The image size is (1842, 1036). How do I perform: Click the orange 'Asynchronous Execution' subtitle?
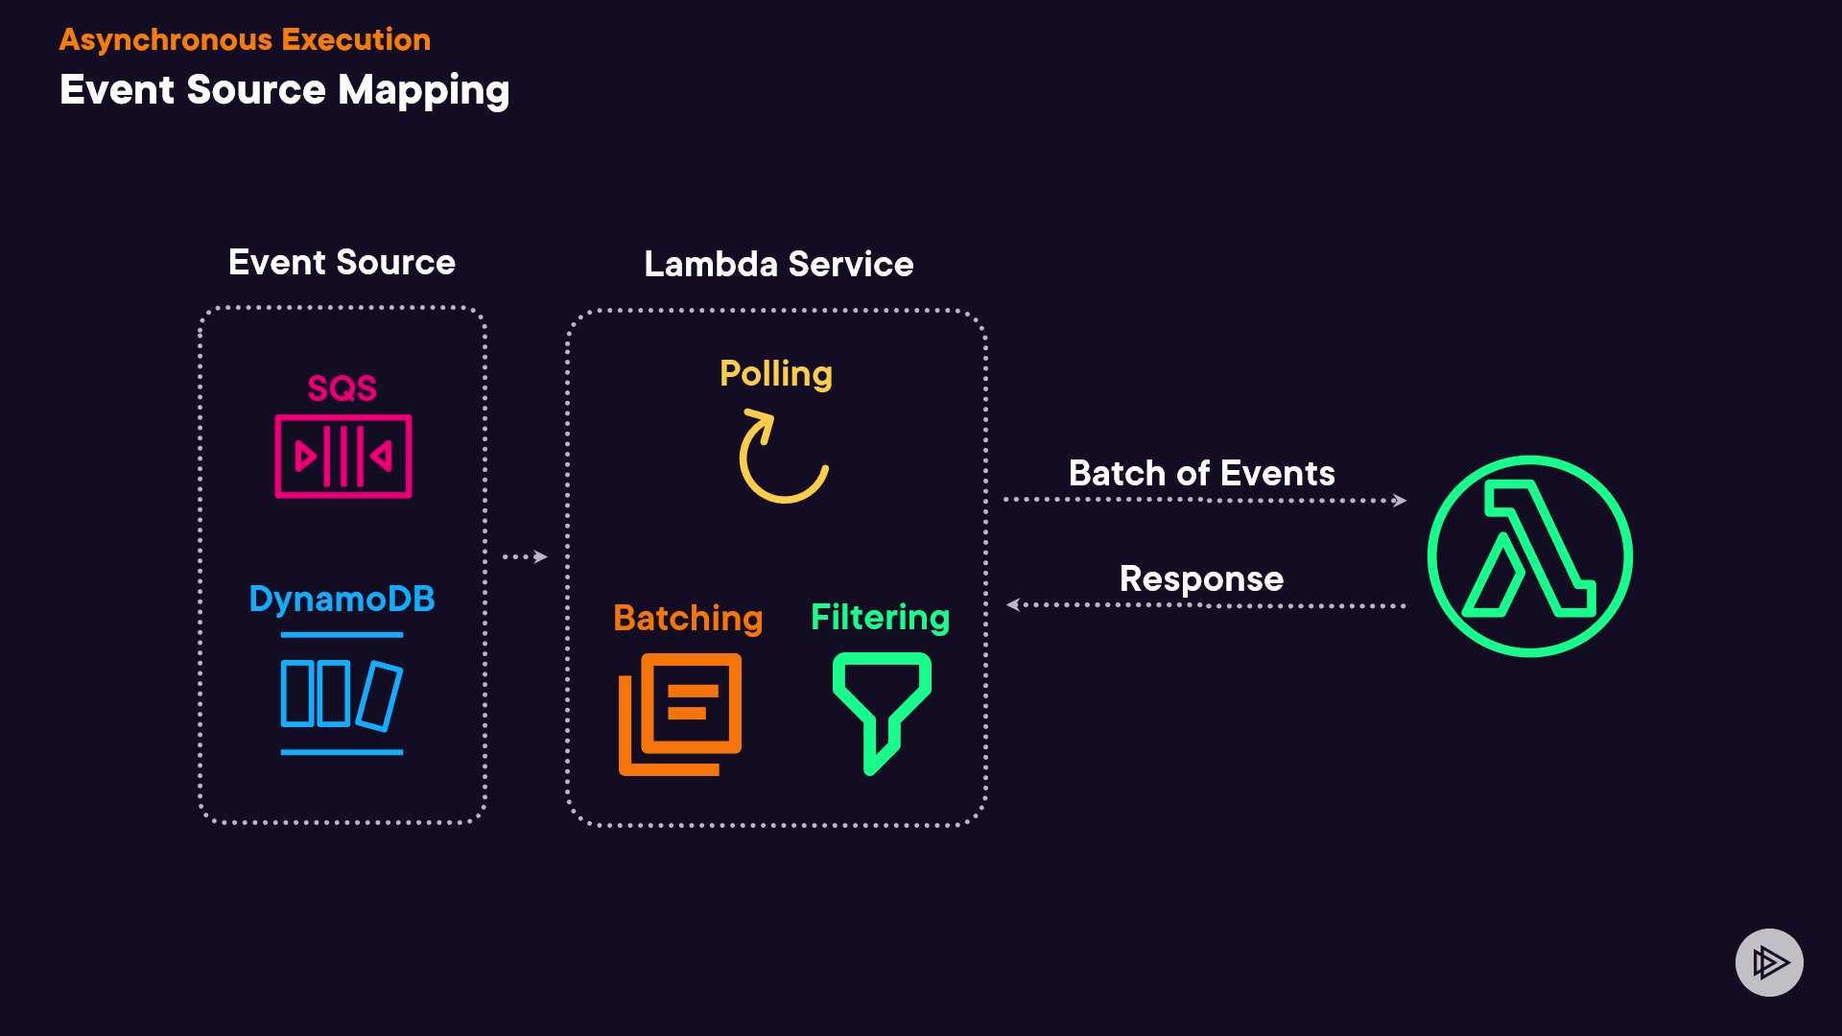click(245, 39)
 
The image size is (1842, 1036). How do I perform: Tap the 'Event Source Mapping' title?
click(284, 90)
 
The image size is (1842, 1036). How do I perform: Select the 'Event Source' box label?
click(342, 262)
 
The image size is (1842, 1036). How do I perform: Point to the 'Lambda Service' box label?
click(778, 264)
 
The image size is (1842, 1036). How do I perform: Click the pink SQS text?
click(342, 388)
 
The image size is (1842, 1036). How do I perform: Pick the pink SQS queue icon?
click(343, 457)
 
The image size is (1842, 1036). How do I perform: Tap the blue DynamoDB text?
click(342, 599)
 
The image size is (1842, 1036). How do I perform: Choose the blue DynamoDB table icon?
click(342, 695)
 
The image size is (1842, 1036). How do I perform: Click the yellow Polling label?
click(775, 373)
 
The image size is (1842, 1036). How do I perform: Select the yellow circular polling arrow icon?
click(781, 458)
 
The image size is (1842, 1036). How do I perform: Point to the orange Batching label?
click(688, 618)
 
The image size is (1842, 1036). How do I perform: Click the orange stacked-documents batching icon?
click(680, 714)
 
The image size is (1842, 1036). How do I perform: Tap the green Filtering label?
click(880, 617)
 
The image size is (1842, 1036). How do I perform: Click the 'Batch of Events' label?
click(1201, 473)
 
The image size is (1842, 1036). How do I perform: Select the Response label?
click(1201, 578)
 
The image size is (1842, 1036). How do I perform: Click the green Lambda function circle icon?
click(1529, 556)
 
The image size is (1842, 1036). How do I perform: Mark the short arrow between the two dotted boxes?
click(525, 556)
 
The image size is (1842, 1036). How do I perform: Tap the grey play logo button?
click(1769, 962)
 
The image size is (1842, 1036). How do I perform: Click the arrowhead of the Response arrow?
click(1013, 604)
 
